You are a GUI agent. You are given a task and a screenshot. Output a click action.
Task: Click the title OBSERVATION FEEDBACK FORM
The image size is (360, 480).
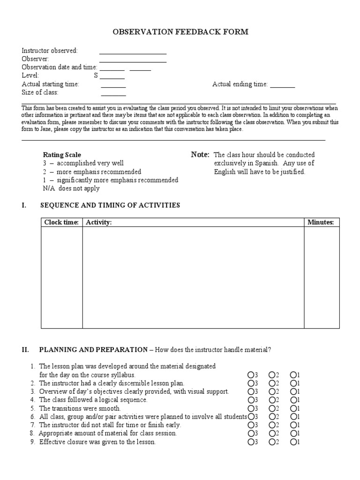180,32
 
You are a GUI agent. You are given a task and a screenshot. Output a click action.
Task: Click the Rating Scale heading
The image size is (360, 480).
62,155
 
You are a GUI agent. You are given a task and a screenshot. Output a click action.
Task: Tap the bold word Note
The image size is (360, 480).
200,155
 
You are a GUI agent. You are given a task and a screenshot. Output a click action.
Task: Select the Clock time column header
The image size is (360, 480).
61,222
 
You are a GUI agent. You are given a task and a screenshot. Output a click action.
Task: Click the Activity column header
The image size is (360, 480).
98,222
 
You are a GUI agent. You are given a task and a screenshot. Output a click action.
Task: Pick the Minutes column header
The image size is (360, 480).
320,222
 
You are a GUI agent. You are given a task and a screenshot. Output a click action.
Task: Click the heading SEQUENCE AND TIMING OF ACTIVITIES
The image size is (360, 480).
110,205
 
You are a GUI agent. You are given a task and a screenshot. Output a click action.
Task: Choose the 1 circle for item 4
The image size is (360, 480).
293,400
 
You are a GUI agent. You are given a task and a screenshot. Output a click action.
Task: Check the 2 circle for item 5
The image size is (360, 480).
271,408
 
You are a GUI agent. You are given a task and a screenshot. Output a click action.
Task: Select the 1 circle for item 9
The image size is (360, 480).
293,442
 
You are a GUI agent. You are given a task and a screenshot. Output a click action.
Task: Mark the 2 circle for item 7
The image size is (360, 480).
271,425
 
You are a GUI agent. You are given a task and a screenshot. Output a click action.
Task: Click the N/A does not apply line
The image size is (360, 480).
71,188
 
